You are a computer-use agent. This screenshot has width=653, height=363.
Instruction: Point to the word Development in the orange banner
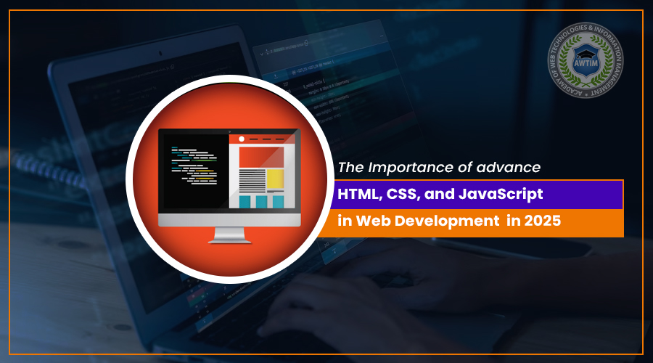443,221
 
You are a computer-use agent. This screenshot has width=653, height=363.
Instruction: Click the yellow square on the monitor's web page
275,179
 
